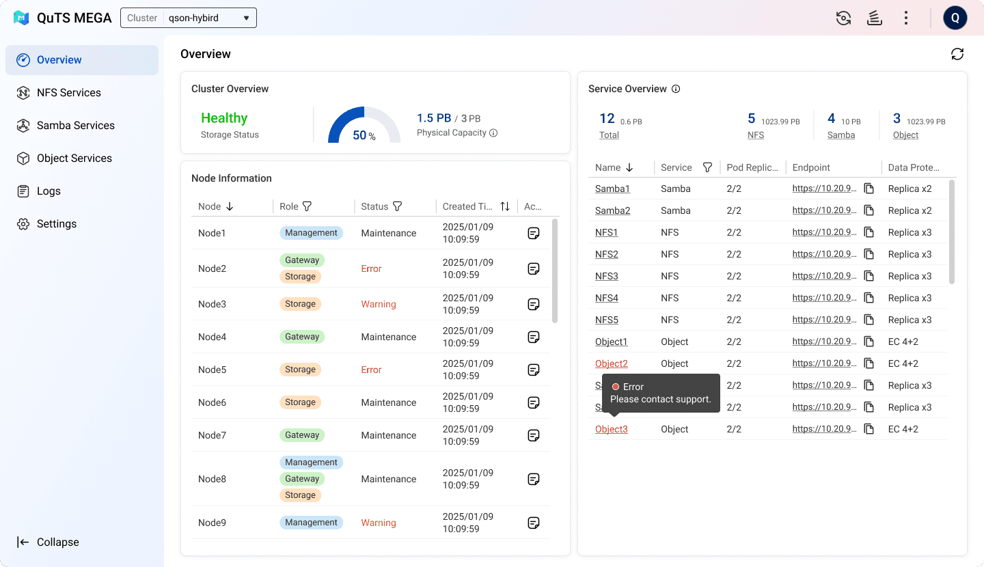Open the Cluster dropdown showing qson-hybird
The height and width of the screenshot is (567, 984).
pos(189,18)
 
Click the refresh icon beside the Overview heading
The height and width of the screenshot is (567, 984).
pos(957,54)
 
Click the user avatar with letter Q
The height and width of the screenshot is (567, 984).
pos(955,18)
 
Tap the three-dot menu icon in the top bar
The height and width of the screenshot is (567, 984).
pos(906,18)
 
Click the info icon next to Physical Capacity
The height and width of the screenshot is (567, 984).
pos(493,133)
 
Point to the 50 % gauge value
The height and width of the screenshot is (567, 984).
pos(364,135)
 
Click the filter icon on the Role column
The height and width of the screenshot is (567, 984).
pos(307,206)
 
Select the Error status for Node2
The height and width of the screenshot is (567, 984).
pos(371,268)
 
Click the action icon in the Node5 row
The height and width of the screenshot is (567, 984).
pos(533,370)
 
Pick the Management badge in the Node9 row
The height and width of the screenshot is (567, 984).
pos(311,522)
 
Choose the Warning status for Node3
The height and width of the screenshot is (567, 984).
pos(379,304)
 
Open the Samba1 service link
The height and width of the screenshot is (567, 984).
pos(612,189)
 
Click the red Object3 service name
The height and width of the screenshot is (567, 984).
pos(611,429)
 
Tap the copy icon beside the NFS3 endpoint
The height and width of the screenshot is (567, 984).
pos(869,276)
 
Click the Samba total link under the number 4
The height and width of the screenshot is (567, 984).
pos(840,135)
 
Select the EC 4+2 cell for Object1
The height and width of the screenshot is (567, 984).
pos(903,342)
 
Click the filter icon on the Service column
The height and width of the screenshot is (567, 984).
pos(707,167)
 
